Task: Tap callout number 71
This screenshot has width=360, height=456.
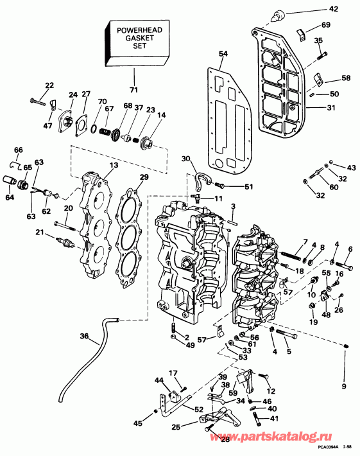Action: [133, 88]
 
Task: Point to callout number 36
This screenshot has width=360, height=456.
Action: [85, 335]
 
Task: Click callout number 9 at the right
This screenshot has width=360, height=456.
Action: [343, 386]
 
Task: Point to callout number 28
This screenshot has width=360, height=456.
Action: [225, 439]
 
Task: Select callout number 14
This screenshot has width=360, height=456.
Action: [161, 115]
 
